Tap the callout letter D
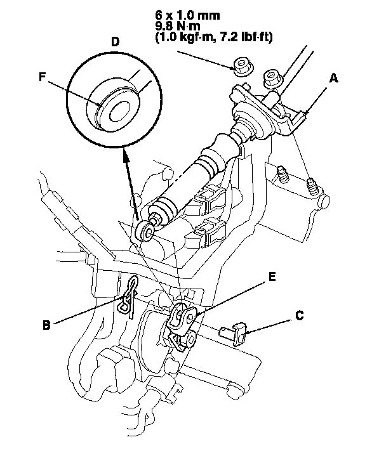coord(114,42)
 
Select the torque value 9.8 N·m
coord(182,26)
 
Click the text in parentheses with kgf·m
coord(213,37)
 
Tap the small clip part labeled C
coord(234,332)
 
